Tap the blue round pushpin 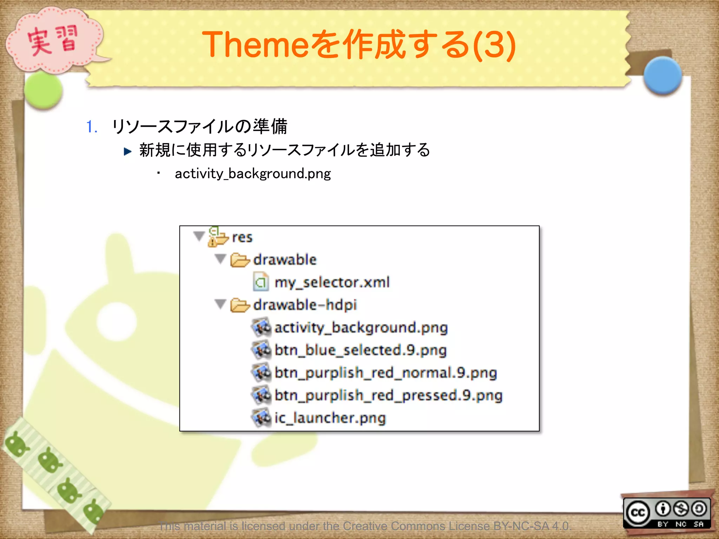pyautogui.click(x=662, y=75)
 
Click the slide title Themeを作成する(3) pyautogui.click(x=358, y=45)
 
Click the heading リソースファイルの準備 pyautogui.click(x=199, y=127)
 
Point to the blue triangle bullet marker pyautogui.click(x=128, y=151)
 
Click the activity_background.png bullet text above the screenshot pyautogui.click(x=253, y=173)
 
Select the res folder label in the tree pyautogui.click(x=242, y=237)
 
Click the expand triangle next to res pyautogui.click(x=199, y=236)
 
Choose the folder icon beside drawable pyautogui.click(x=240, y=260)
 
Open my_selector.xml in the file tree pyautogui.click(x=332, y=282)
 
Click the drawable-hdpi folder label pyautogui.click(x=305, y=305)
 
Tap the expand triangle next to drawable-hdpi pyautogui.click(x=220, y=304)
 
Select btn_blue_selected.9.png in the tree pyautogui.click(x=360, y=350)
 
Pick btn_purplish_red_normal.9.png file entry pyautogui.click(x=385, y=373)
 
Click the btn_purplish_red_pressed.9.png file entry pyautogui.click(x=388, y=395)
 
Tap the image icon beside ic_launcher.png pyautogui.click(x=262, y=418)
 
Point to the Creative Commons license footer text pyautogui.click(x=365, y=526)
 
